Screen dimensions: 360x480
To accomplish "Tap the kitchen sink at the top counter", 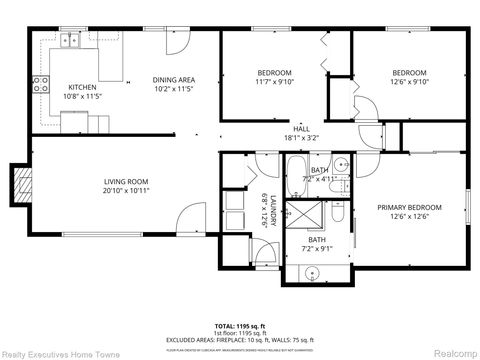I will pyautogui.click(x=69, y=41).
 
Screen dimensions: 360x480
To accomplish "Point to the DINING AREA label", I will pyautogui.click(x=173, y=79).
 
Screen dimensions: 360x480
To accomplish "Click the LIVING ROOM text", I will pyautogui.click(x=126, y=181).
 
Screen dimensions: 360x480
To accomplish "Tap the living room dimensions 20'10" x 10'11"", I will pyautogui.click(x=126, y=190).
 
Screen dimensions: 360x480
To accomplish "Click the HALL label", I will pyautogui.click(x=301, y=129).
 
